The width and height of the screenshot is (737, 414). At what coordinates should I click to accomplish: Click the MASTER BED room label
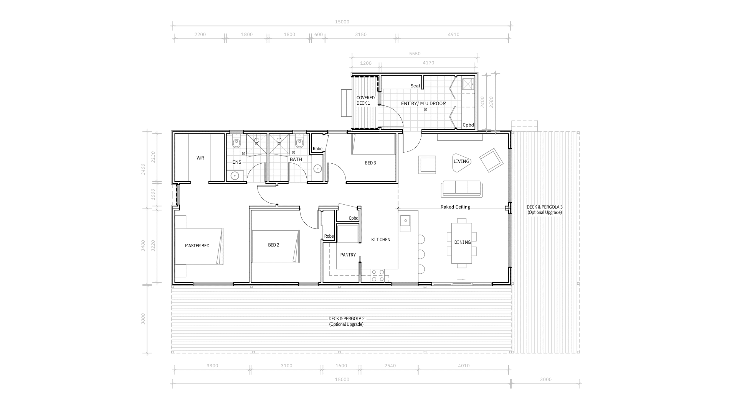coord(197,246)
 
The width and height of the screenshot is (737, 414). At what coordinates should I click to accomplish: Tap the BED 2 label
coord(273,245)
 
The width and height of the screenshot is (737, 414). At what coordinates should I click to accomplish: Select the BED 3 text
coord(370,163)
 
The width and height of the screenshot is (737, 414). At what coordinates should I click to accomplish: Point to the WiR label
coord(200,158)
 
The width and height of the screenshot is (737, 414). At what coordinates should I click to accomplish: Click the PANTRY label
coord(348,255)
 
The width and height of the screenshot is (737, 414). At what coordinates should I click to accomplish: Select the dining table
coord(462,243)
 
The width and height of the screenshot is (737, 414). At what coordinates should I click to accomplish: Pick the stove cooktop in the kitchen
coord(377,276)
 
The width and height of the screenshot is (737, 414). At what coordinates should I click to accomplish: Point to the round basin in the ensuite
coord(235,176)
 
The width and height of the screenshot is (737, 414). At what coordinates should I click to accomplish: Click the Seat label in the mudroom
coord(415,86)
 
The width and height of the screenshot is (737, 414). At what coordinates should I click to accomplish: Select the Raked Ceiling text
coord(455,207)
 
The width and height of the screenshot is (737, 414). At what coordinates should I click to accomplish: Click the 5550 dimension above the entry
coord(415,54)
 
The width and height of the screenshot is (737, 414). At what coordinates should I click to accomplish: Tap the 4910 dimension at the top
coord(454,34)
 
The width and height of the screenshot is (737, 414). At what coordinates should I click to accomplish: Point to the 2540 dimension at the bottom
coord(390,366)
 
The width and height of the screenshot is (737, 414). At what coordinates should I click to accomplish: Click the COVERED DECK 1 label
coord(365,100)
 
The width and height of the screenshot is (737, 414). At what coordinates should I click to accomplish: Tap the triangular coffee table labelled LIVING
coord(462,161)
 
